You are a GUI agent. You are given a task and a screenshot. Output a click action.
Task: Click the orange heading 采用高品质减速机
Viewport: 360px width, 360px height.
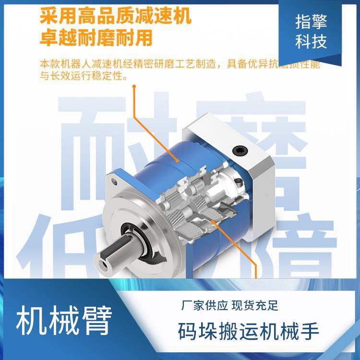pos(115,16)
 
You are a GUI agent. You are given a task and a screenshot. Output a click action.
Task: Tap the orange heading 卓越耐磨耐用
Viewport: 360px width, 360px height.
pos(96,37)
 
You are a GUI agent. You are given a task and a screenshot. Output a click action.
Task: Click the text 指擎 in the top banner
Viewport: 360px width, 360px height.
pos(311,23)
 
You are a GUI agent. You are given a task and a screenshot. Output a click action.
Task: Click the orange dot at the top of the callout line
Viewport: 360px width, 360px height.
pos(134,87)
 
